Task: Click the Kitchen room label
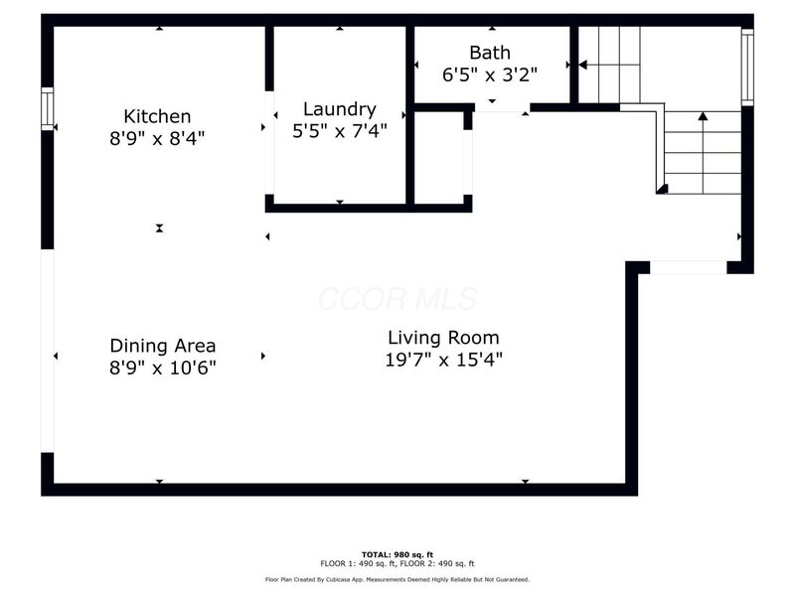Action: coord(157,116)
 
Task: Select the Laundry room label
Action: coord(340,109)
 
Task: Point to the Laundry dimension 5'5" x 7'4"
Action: coord(340,130)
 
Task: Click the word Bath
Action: coord(490,52)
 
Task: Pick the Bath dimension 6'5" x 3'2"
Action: coord(490,73)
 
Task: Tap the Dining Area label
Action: coord(162,346)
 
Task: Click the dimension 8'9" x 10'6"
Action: coord(162,367)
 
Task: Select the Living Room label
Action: coord(443,337)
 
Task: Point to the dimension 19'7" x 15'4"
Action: coord(443,360)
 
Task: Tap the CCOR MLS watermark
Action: coord(397,299)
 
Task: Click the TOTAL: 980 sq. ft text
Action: coord(397,553)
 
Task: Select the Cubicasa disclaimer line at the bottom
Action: coord(397,579)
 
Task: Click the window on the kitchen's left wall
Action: coord(47,108)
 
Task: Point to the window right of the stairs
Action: coord(747,67)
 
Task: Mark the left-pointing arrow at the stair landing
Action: coord(583,65)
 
